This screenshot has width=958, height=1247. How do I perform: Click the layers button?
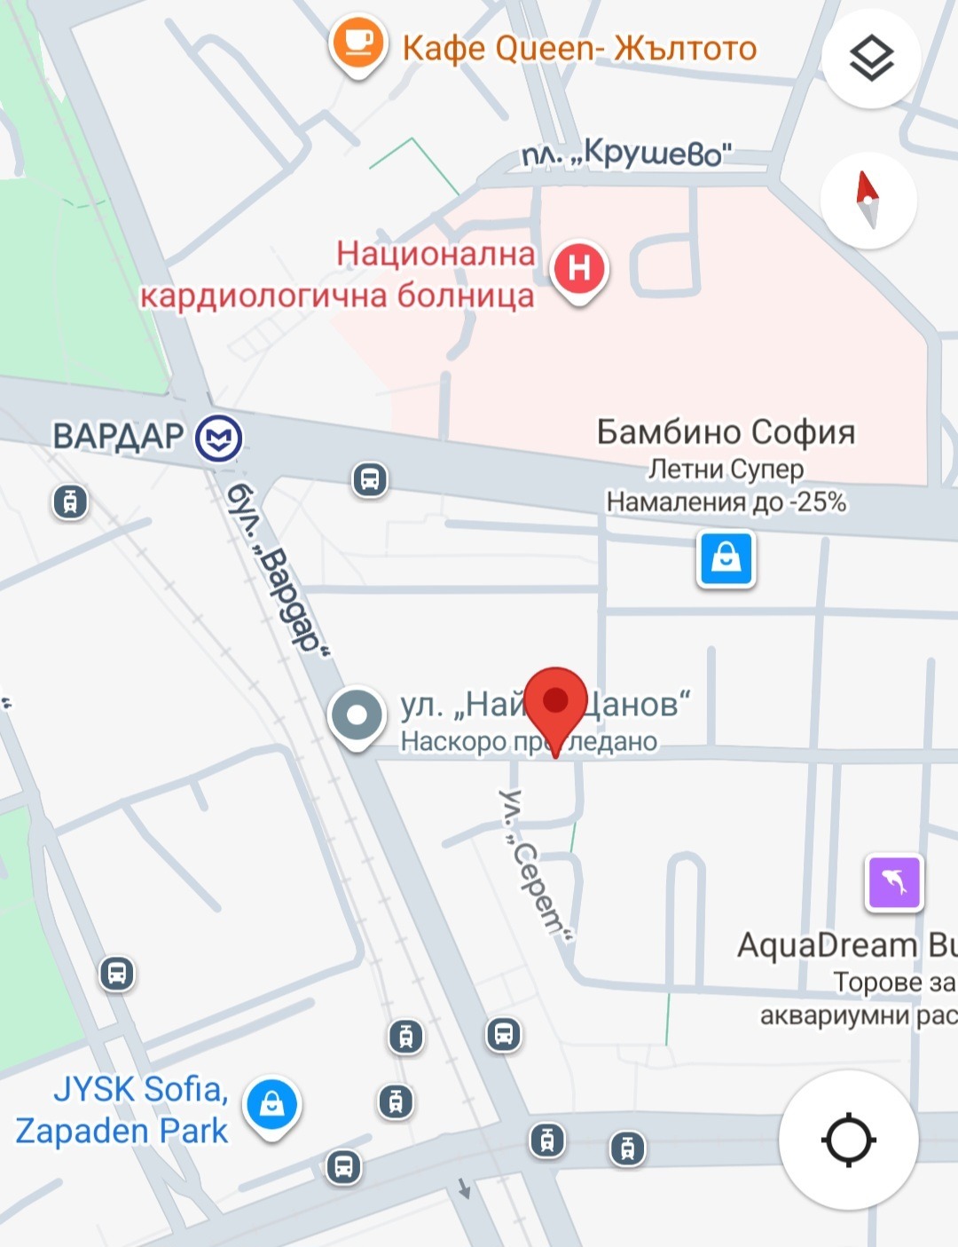871,59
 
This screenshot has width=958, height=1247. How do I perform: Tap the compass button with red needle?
868,200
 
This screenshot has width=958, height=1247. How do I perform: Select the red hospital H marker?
579,268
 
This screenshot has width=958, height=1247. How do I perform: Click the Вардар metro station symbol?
219,438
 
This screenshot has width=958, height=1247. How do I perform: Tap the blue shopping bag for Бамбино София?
726,559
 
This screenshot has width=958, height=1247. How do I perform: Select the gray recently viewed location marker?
357,715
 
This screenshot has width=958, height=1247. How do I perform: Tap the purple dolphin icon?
894,882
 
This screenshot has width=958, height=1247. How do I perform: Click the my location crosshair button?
848,1140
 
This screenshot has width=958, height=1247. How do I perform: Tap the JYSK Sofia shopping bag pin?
272,1105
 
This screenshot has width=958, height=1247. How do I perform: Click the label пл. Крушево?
627,154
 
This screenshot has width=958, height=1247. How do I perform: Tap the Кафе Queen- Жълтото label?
579,48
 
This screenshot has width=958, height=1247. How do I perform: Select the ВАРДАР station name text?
118,437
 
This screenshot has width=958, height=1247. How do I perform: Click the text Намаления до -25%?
726,502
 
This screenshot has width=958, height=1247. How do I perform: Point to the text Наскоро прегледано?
529,741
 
